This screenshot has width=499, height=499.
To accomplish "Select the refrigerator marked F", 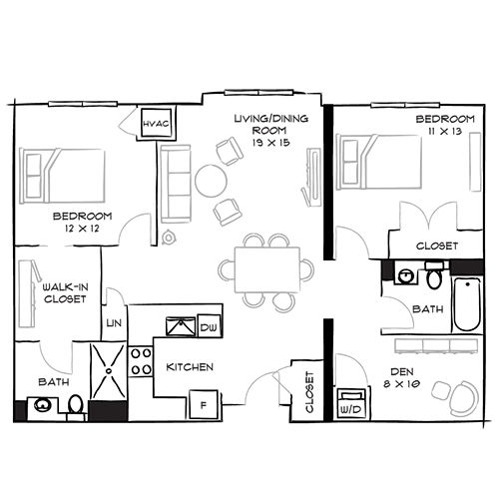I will [204, 405].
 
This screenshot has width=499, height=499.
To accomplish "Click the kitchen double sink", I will [180, 325].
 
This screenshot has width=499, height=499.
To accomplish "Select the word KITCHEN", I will [190, 367].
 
